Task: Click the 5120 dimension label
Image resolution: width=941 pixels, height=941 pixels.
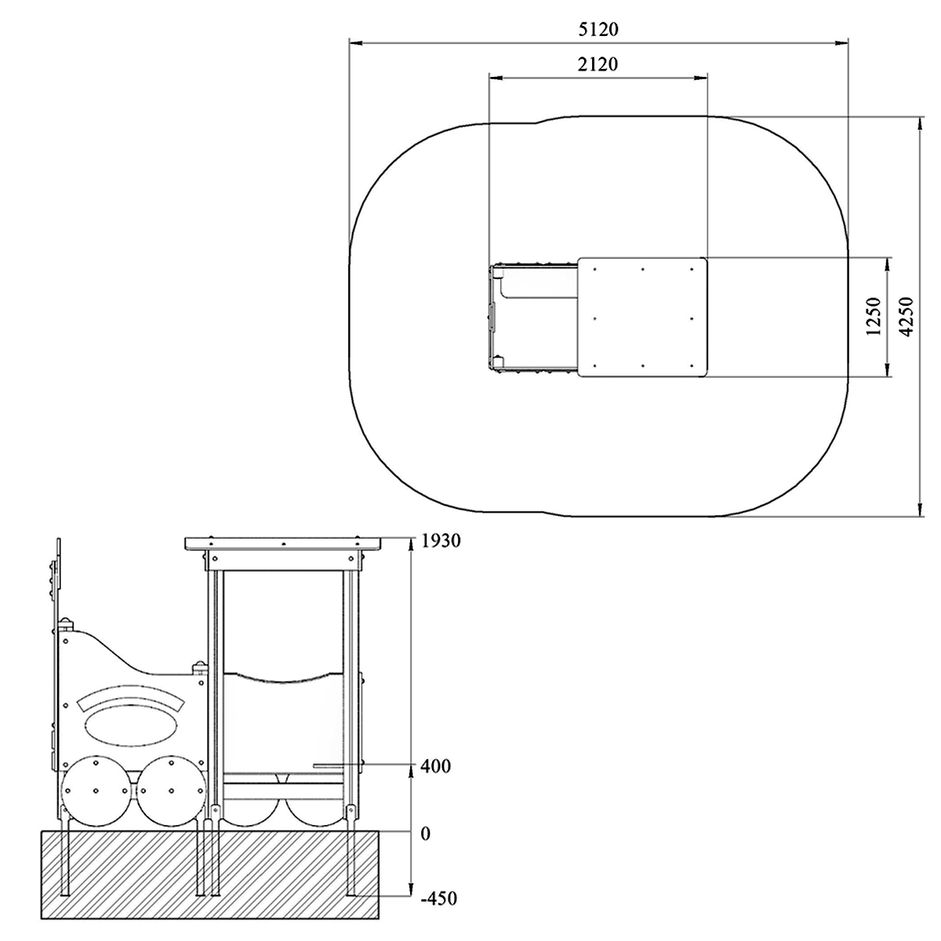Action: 598,29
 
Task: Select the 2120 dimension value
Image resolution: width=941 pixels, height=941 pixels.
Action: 598,64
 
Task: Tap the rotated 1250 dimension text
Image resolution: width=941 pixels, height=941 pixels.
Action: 874,317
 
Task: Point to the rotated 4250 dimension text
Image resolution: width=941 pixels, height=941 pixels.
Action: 906,317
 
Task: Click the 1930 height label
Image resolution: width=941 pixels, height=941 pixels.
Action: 441,541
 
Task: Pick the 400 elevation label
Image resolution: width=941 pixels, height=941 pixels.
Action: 435,766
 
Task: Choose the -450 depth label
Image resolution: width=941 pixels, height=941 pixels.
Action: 439,912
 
